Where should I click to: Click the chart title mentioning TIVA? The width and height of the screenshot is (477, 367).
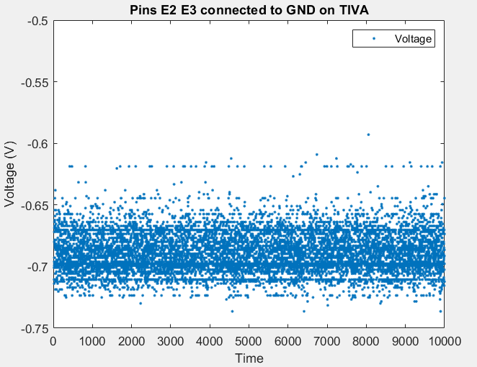(x=249, y=9)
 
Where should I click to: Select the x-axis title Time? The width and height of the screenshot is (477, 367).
(x=249, y=358)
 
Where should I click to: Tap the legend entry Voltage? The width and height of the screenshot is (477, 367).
(x=414, y=39)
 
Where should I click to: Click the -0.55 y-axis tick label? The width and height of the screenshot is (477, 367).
(x=35, y=83)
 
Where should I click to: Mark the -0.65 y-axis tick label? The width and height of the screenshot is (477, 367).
(x=35, y=206)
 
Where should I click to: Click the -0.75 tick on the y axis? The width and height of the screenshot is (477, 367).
(x=35, y=329)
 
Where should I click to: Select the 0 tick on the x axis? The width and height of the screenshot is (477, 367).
(x=53, y=342)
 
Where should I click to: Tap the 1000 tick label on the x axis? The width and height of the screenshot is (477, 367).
(x=92, y=342)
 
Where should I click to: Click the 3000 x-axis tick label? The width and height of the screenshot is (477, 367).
(x=170, y=342)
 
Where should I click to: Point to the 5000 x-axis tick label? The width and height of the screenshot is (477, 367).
(x=249, y=342)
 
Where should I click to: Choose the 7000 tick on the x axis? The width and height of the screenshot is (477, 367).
(x=326, y=342)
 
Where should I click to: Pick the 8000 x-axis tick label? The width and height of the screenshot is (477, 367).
(x=365, y=342)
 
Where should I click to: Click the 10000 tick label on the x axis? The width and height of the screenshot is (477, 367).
(x=442, y=342)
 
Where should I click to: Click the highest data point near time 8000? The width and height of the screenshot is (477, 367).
(x=368, y=135)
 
